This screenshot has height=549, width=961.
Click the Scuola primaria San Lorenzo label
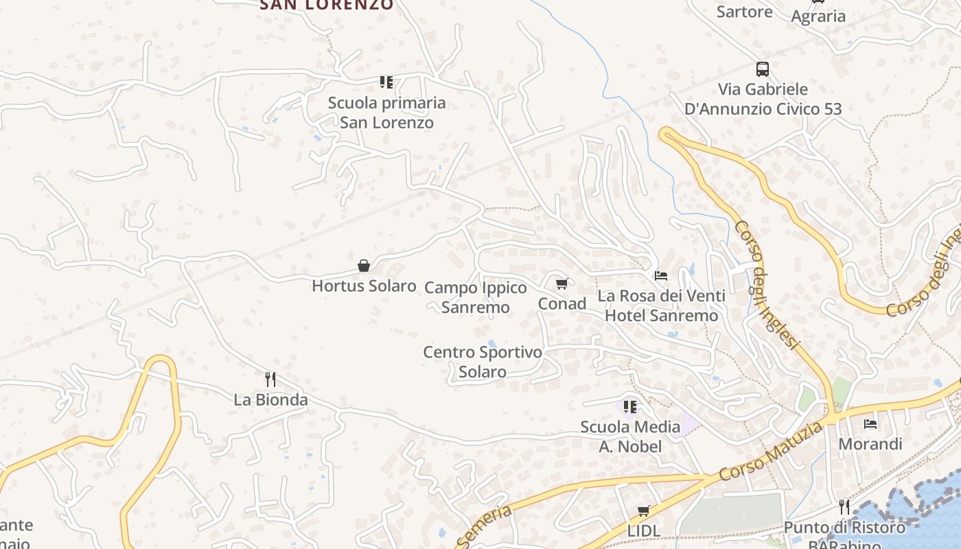(386, 113)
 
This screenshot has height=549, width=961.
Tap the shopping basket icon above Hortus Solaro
(364, 266)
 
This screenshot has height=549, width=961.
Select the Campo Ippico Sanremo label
(476, 297)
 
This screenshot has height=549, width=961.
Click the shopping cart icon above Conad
(562, 283)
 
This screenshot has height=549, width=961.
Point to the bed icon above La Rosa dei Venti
(661, 276)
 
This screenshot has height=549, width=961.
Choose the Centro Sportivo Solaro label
(483, 362)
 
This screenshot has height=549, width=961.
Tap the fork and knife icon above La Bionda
(270, 379)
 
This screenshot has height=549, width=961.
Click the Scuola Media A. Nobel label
(630, 436)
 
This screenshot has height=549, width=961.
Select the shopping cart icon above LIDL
(644, 511)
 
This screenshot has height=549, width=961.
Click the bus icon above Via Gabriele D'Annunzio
(763, 69)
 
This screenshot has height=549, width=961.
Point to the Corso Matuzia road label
(771, 452)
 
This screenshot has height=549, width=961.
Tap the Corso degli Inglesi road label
(767, 285)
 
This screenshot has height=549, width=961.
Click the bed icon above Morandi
(870, 423)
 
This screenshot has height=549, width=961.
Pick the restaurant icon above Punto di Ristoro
(844, 507)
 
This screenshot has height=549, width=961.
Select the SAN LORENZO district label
(327, 5)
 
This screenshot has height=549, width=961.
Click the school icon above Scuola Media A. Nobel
(630, 407)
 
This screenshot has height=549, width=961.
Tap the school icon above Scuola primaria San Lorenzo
(386, 82)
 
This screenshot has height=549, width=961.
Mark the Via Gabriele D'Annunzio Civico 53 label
(763, 99)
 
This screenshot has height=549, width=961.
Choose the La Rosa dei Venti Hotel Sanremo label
(661, 305)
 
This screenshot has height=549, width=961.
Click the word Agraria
(818, 16)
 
